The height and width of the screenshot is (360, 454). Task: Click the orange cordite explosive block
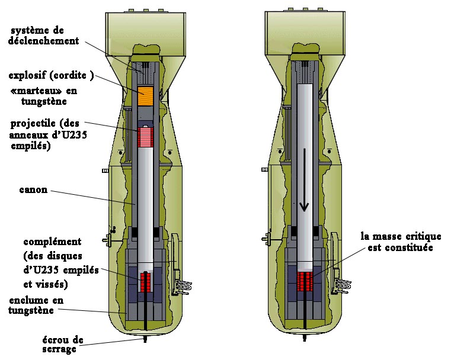(x=145, y=96)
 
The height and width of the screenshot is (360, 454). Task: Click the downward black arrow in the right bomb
(x=304, y=180)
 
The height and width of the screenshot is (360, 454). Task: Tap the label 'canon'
(x=33, y=190)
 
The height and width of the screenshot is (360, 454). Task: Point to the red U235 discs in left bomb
(x=146, y=282)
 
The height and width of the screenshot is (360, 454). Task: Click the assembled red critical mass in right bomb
(x=305, y=281)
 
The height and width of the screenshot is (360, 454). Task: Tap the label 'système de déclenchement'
(x=43, y=36)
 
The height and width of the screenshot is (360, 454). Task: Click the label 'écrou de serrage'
(x=63, y=344)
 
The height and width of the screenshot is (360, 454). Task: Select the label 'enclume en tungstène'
(x=36, y=305)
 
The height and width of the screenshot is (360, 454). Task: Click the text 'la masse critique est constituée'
(x=401, y=242)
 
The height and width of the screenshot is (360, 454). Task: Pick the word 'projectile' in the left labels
(x=33, y=124)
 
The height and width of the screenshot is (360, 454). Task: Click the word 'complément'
(x=52, y=242)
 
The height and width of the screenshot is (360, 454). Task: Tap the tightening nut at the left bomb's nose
(x=145, y=339)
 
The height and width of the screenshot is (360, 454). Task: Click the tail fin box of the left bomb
(x=145, y=33)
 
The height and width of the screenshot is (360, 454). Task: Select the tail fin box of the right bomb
(x=305, y=33)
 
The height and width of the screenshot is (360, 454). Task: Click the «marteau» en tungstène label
(x=44, y=96)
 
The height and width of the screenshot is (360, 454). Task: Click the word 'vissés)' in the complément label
(x=46, y=285)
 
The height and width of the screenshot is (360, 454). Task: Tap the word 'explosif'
(x=27, y=75)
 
